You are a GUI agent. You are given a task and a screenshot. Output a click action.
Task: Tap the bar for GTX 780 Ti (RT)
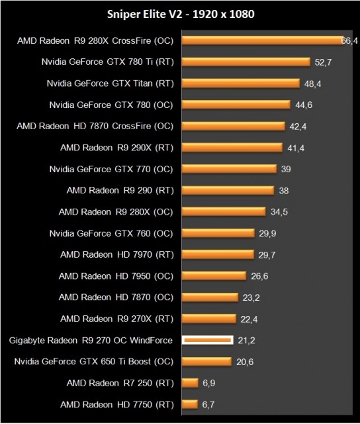coord(246,62)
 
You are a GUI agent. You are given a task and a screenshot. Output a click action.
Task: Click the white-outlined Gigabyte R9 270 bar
coord(207,341)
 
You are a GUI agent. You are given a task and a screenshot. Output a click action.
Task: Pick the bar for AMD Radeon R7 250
coord(190,383)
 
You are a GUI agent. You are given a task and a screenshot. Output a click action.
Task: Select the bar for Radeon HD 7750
coord(189,404)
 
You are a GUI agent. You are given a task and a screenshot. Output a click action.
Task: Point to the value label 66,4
coord(349,41)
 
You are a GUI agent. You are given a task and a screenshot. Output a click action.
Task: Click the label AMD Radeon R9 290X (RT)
coord(116,147)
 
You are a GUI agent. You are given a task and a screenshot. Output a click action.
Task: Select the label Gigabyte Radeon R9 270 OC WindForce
coord(91,341)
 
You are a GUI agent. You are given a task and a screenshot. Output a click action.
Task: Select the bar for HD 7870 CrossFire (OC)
coord(233,126)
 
